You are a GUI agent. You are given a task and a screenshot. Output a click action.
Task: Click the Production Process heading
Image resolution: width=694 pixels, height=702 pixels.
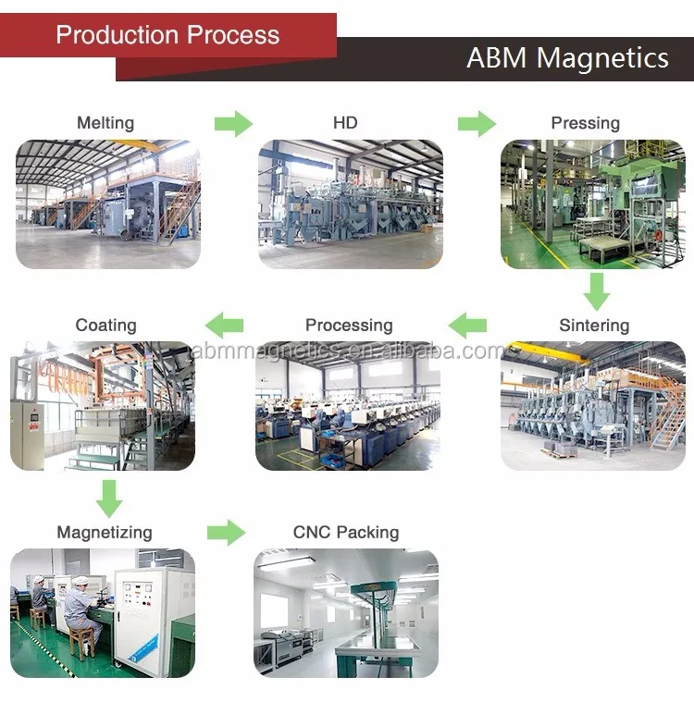pyautogui.click(x=167, y=35)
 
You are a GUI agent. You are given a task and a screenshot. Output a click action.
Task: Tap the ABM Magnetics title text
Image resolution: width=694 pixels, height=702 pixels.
pyautogui.click(x=567, y=58)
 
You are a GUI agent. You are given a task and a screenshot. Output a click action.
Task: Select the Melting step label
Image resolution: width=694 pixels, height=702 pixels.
pyautogui.click(x=105, y=123)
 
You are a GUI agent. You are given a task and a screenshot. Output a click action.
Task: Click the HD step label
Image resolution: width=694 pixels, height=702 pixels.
pyautogui.click(x=345, y=123)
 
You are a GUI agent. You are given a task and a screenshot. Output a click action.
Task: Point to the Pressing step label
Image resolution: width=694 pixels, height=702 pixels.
pyautogui.click(x=585, y=123)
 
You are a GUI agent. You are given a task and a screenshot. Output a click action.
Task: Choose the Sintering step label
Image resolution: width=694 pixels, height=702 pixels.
pyautogui.click(x=594, y=326)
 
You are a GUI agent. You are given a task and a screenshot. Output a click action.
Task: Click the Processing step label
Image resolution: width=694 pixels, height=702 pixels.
pyautogui.click(x=349, y=326)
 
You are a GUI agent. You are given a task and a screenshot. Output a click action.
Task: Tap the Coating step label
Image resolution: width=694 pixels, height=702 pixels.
pyautogui.click(x=105, y=326)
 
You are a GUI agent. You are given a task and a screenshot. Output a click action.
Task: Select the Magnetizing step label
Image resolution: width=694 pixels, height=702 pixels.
pyautogui.click(x=105, y=533)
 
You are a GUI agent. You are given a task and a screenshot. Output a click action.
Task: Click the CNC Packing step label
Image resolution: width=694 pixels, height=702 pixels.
pyautogui.click(x=346, y=533)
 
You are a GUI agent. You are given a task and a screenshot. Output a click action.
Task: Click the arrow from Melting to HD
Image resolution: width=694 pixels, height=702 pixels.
pyautogui.click(x=233, y=123)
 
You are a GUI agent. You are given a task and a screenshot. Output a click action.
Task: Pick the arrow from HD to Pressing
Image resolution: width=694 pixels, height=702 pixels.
pyautogui.click(x=477, y=123)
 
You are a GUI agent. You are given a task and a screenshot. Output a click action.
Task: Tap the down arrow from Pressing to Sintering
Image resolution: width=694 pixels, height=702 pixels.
pyautogui.click(x=597, y=292)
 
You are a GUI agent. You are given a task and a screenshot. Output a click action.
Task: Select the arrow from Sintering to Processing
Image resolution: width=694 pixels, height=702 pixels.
pyautogui.click(x=467, y=325)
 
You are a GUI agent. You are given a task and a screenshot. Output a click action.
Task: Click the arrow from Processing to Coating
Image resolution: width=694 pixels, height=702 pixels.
pyautogui.click(x=224, y=325)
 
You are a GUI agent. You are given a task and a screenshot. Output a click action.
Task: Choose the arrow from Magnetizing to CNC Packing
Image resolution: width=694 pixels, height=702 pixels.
pyautogui.click(x=226, y=533)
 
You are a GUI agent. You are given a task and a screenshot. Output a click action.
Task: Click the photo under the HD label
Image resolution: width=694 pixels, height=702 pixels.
pyautogui.click(x=350, y=204)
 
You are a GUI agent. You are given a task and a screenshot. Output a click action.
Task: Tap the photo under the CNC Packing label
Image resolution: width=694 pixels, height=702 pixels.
pyautogui.click(x=346, y=612)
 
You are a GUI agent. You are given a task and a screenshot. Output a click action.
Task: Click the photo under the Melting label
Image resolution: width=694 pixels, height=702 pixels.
pyautogui.click(x=108, y=204)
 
